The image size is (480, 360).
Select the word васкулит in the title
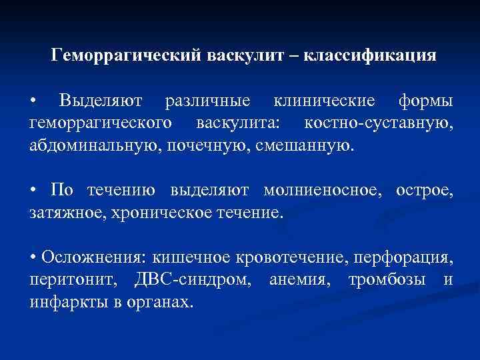coord(245,55)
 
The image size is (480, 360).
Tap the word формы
coord(425,101)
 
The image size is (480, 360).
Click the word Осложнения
coord(94,257)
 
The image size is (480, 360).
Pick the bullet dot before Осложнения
coord(33,258)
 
